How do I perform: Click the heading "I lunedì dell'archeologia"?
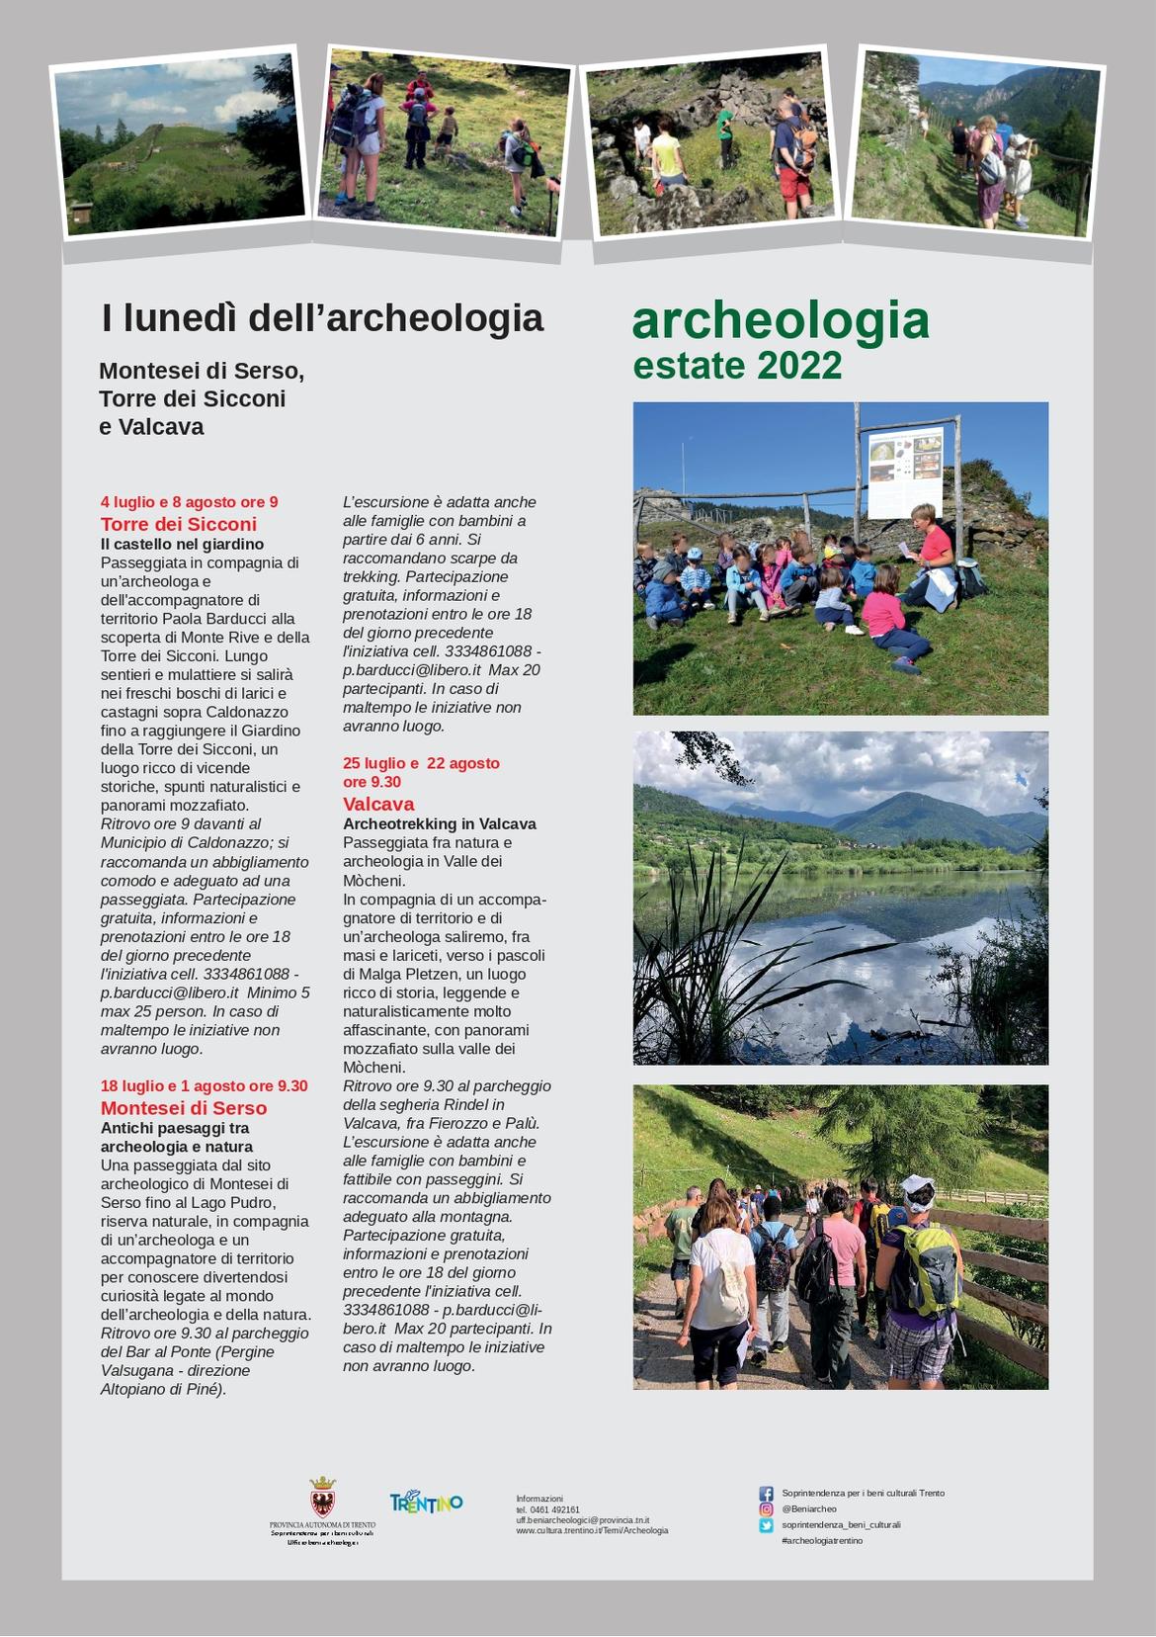click(x=322, y=318)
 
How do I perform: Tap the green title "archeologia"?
click(x=781, y=320)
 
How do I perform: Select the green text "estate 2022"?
click(x=737, y=366)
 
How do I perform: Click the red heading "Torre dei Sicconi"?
click(x=178, y=524)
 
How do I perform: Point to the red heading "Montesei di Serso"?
click(x=184, y=1108)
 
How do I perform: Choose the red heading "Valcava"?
click(x=378, y=804)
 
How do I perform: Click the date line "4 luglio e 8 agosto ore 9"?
click(x=189, y=502)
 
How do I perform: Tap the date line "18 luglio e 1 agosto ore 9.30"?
click(x=204, y=1086)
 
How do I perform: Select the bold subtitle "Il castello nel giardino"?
click(x=182, y=544)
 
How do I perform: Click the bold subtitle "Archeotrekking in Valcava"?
click(x=439, y=823)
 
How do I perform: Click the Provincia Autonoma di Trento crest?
click(x=322, y=1497)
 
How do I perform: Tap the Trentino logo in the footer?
click(x=426, y=1503)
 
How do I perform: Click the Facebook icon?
click(x=766, y=1494)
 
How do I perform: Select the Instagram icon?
click(x=766, y=1509)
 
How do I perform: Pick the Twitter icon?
click(x=766, y=1525)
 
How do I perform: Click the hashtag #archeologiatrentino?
click(x=821, y=1541)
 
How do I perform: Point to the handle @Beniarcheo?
click(x=808, y=1509)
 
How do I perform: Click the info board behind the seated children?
click(x=905, y=473)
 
